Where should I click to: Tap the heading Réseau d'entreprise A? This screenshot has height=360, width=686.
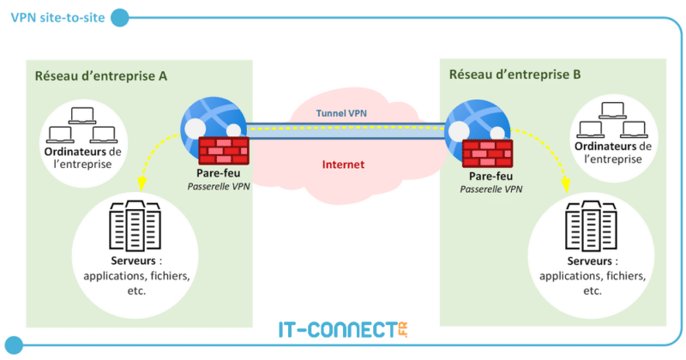[x=100, y=75]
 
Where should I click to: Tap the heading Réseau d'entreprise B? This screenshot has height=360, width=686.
[x=514, y=75]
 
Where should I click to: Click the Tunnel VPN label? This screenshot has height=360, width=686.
[x=341, y=113]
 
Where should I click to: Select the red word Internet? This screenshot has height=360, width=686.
[x=343, y=164]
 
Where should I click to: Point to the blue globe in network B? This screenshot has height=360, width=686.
[x=468, y=125]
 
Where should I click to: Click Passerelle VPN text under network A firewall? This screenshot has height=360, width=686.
[x=218, y=185]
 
